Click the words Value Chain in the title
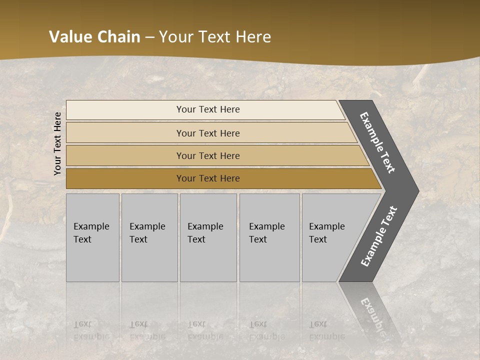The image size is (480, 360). [x=94, y=37]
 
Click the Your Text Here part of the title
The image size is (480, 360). [x=215, y=37]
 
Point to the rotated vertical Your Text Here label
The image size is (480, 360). [x=57, y=143]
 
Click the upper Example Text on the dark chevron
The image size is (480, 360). [x=377, y=142]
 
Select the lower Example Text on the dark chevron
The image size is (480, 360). [x=378, y=236]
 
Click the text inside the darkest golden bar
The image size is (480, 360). [x=208, y=178]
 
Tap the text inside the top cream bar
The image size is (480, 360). [x=208, y=109]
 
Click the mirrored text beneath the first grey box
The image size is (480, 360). [x=91, y=330]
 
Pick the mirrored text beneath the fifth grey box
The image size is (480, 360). [x=326, y=330]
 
